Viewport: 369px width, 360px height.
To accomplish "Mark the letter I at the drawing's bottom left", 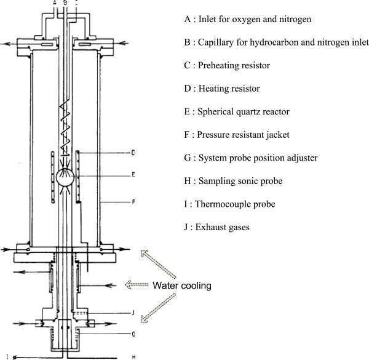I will tap(7, 356).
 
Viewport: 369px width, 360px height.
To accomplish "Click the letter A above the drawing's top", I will tap(55, 2).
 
